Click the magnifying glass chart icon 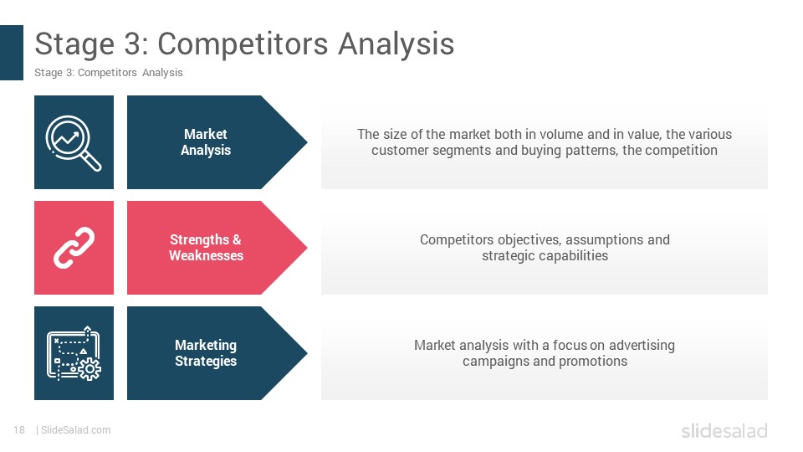(74, 142)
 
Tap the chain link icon (74, 248)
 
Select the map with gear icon (74, 353)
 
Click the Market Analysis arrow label (206, 142)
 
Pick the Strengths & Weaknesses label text (206, 248)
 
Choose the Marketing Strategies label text (206, 353)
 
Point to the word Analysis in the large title (396, 44)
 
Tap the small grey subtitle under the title (109, 73)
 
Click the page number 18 (19, 430)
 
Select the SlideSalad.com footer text (75, 430)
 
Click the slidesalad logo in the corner (724, 431)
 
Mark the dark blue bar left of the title (12, 53)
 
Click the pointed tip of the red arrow (307, 248)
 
